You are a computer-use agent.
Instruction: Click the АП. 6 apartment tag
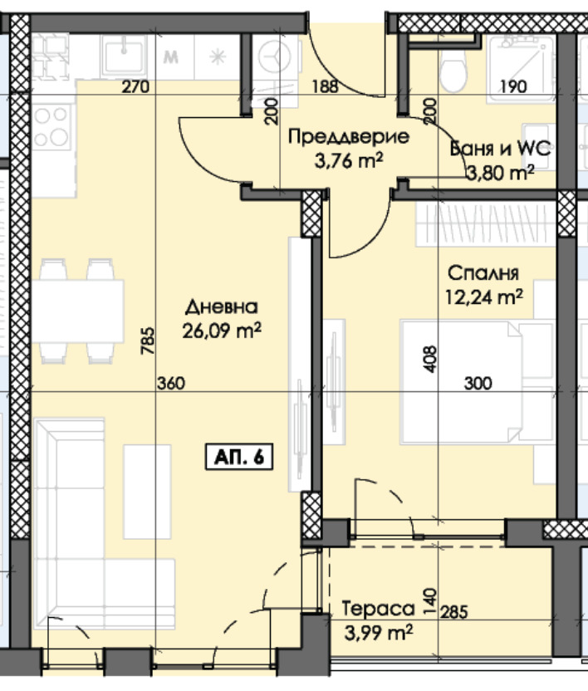tap(239, 458)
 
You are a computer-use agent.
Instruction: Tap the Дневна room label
tap(221, 307)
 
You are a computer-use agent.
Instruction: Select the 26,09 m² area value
tap(222, 330)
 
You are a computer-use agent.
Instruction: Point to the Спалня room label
tap(483, 273)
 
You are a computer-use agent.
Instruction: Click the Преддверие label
tap(349, 136)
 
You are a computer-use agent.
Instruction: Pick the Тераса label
tap(378, 609)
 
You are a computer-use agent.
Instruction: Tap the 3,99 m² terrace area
tap(379, 633)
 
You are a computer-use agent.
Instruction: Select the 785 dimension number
tap(148, 341)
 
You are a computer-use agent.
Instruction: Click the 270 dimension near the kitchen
tap(135, 87)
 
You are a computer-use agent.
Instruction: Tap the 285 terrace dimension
tap(453, 612)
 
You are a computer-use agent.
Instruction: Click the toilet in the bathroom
tap(453, 71)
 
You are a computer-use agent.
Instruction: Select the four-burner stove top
tap(53, 127)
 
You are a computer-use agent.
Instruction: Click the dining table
tap(77, 311)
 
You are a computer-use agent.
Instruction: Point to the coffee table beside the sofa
tap(147, 492)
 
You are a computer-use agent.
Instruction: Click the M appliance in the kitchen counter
tap(170, 56)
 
